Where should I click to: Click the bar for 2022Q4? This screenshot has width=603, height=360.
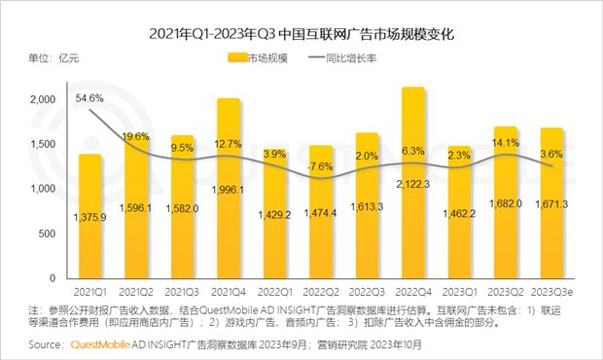[x=413, y=183]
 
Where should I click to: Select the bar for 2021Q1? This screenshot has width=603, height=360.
[x=90, y=216]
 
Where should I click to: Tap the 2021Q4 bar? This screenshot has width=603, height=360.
[x=229, y=189]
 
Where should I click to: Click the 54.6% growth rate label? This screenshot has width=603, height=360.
[x=89, y=98]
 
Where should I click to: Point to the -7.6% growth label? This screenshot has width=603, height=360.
[x=320, y=166]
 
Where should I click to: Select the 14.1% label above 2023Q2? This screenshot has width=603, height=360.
[x=506, y=143]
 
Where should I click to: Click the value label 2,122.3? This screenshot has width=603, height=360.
[x=413, y=184]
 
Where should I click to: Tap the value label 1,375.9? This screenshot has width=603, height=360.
[x=90, y=218]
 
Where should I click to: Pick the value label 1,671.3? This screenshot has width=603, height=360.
[x=551, y=204]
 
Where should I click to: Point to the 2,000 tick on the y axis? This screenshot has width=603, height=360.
[x=43, y=99]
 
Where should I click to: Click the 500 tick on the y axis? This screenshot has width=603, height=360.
[x=47, y=234]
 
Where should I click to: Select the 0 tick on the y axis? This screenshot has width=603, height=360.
[x=53, y=278]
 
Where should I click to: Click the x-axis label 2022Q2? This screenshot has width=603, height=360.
[x=321, y=292]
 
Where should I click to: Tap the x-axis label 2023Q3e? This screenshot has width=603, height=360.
[x=551, y=292]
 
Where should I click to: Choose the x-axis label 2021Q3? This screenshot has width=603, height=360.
[x=182, y=292]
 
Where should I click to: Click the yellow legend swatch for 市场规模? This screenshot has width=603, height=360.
[x=237, y=57]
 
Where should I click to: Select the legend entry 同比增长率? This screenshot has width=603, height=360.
[x=342, y=58]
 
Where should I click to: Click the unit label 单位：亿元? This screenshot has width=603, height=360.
[x=53, y=58]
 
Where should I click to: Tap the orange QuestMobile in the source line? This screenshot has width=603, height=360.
[x=100, y=344]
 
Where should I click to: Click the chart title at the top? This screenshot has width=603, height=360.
[x=301, y=34]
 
